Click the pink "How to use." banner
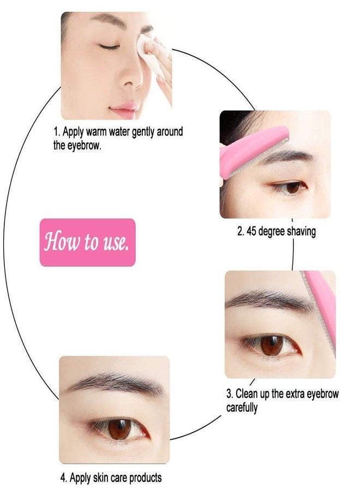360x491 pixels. pyautogui.click(x=87, y=242)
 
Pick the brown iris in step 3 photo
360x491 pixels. pyautogui.click(x=271, y=345)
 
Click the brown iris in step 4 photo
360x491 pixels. pyautogui.click(x=119, y=429)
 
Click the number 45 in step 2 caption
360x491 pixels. pyautogui.click(x=251, y=231)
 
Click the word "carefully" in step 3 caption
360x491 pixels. pyautogui.click(x=242, y=408)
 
